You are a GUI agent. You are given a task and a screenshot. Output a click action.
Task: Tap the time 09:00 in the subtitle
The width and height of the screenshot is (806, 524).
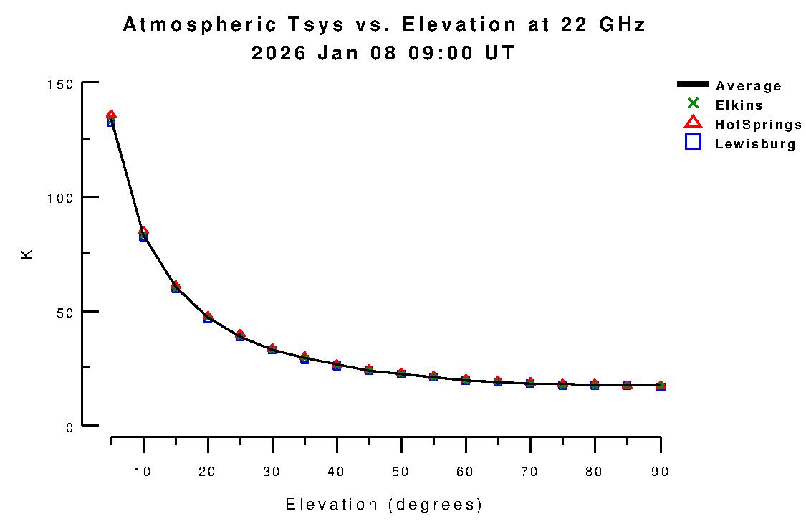(448, 53)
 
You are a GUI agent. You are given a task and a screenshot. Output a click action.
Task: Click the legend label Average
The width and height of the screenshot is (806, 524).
(749, 86)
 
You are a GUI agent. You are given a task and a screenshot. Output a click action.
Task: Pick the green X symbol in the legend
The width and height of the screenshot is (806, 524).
(693, 103)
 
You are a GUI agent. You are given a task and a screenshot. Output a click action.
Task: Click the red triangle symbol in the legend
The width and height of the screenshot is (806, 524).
(693, 123)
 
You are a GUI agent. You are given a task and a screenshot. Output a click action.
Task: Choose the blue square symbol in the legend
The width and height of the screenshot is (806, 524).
(693, 142)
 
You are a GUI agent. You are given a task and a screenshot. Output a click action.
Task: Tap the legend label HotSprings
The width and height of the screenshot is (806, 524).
(758, 125)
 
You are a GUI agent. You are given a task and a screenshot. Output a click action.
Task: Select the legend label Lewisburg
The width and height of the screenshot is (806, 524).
(755, 144)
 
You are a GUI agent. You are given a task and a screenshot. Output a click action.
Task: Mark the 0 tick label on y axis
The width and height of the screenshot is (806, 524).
(70, 427)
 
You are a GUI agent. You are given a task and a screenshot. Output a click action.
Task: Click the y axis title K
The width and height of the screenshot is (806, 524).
(28, 254)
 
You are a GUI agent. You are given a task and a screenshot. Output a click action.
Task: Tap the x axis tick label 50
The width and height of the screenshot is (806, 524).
(401, 471)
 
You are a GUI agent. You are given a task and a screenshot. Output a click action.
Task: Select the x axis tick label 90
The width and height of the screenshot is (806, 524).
(659, 471)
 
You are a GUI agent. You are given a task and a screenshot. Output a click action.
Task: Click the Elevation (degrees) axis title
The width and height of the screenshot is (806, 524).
(384, 505)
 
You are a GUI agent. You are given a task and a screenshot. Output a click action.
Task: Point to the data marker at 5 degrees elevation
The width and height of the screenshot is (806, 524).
(111, 119)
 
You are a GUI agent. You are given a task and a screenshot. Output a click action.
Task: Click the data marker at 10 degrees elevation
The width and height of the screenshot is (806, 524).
(143, 234)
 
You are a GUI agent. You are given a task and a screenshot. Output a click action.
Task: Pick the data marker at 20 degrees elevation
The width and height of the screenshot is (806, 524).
(208, 317)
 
